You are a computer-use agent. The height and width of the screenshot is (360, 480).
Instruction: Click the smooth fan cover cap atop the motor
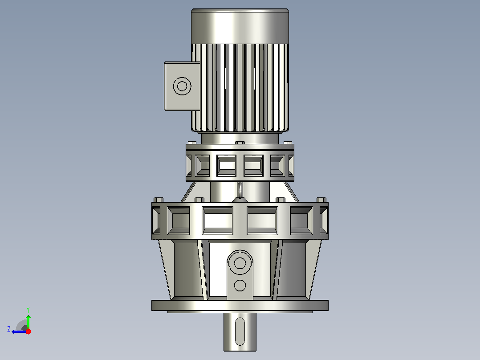[240, 26]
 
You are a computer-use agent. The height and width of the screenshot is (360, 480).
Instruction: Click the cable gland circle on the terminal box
[182, 86]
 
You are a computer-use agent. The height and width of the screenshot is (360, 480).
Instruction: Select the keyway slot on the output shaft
[240, 331]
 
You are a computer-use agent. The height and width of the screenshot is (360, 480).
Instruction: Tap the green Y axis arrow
[28, 322]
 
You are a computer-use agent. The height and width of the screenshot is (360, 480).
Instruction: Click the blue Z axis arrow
[19, 331]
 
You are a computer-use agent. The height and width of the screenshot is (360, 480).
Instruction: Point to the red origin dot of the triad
[28, 331]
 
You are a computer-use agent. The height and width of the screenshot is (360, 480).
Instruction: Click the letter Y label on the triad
[28, 310]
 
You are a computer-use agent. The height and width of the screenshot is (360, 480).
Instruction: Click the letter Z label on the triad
[9, 329]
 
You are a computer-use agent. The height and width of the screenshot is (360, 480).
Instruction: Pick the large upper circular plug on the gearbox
[240, 262]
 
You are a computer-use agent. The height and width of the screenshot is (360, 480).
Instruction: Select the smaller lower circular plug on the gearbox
[240, 286]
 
